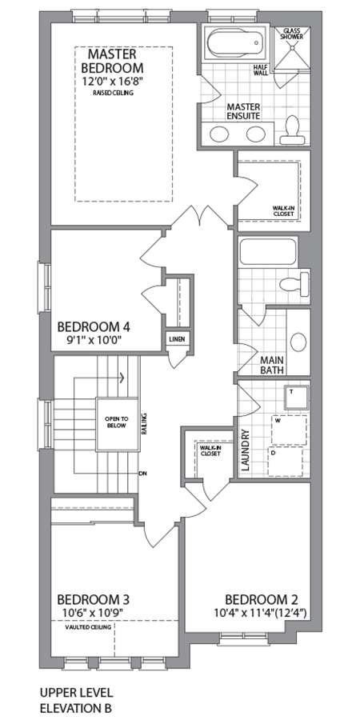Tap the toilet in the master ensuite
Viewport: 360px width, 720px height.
[292, 128]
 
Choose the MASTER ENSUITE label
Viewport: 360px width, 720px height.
[245, 110]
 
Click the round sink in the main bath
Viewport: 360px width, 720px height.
[298, 342]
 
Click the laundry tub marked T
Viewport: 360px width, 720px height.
[295, 394]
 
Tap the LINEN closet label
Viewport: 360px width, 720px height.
[177, 340]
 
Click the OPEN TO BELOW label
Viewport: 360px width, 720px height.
[112, 422]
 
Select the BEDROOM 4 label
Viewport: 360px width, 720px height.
[94, 326]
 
